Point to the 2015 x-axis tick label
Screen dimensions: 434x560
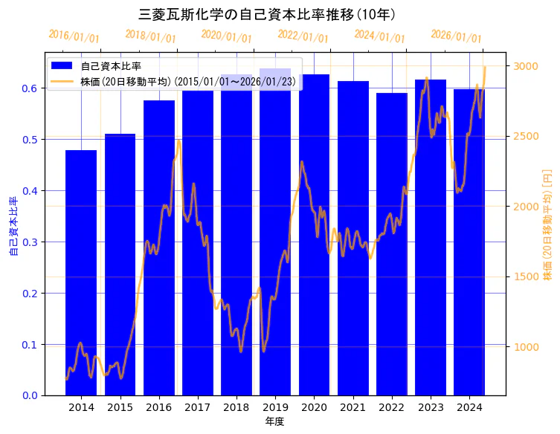click(120, 407)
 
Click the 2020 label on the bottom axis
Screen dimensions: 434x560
click(314, 407)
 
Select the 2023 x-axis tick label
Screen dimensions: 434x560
click(430, 407)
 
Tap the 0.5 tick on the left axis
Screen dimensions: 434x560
click(30, 139)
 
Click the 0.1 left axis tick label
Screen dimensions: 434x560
click(30, 345)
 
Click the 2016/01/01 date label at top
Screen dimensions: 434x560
click(74, 36)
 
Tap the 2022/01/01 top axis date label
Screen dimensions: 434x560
click(303, 36)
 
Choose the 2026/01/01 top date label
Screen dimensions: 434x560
click(456, 36)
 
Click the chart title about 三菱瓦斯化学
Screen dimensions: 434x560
click(267, 14)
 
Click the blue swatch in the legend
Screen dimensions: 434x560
click(62, 66)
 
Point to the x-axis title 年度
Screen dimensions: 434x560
click(274, 421)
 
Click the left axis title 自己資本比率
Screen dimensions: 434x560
click(13, 226)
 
